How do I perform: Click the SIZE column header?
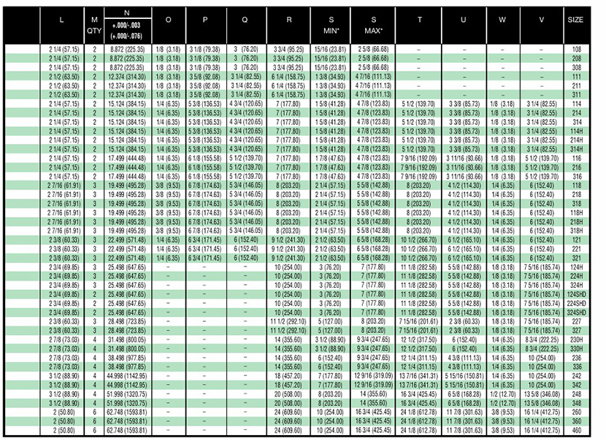point(575,20)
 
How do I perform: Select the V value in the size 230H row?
point(541,340)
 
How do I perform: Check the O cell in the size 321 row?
point(168,257)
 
